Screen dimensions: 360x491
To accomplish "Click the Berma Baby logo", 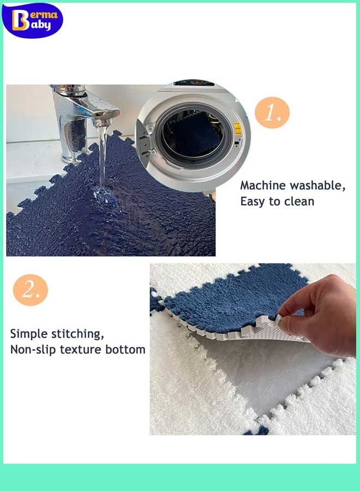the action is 32,20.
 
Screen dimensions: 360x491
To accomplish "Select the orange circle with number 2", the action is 31,290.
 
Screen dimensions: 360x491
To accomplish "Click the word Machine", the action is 263,185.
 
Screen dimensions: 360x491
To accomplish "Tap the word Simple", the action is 29,334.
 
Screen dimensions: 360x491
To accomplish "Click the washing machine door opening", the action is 194,136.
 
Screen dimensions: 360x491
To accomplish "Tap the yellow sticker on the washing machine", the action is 238,129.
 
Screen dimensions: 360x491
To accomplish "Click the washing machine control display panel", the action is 194,83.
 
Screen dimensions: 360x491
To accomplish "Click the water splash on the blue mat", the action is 104,196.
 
